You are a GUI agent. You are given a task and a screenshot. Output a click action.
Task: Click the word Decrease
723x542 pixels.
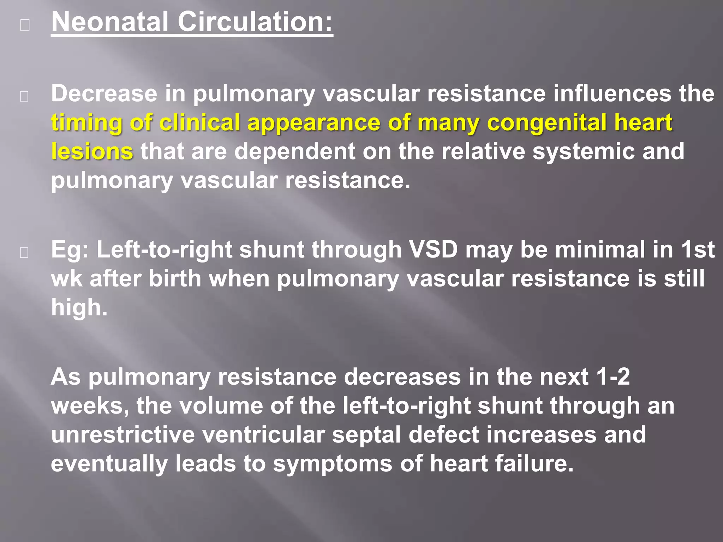click(104, 94)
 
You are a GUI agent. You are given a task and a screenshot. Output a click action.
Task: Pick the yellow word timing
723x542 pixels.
click(86, 123)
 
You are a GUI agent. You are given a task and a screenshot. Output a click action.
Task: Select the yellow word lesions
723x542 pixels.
click(92, 152)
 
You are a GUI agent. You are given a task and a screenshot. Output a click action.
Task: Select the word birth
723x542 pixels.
click(175, 279)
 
